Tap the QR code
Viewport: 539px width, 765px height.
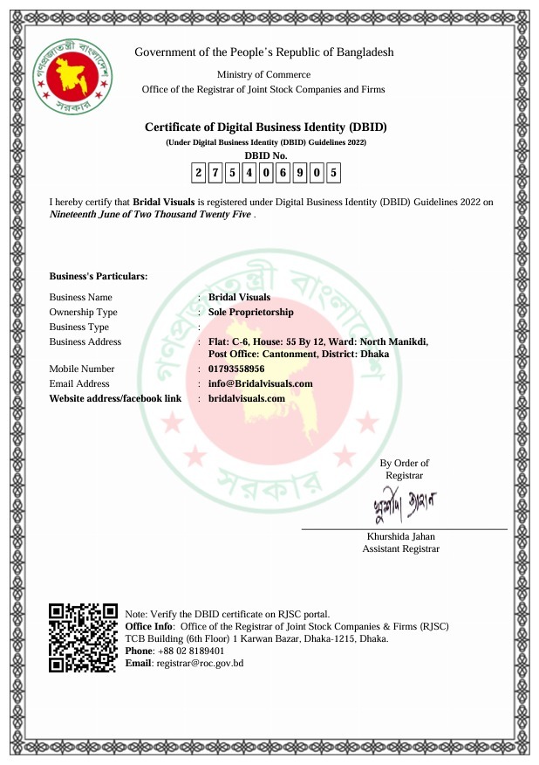(x=83, y=637)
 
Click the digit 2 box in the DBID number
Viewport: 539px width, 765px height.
(x=199, y=173)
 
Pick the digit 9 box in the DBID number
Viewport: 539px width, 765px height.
(x=299, y=173)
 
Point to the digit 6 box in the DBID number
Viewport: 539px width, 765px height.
(x=283, y=173)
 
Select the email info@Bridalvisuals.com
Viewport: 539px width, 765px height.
(x=260, y=383)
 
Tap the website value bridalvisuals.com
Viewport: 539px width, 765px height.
(x=247, y=398)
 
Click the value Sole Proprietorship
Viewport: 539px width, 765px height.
(x=251, y=312)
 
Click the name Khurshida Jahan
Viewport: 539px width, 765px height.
(x=401, y=536)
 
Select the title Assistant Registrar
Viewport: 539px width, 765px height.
(x=401, y=549)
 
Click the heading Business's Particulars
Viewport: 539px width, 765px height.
(x=99, y=277)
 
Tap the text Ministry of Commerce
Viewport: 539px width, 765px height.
(x=263, y=74)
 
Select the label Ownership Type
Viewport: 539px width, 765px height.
(x=83, y=312)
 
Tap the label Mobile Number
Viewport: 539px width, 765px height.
(x=82, y=369)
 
